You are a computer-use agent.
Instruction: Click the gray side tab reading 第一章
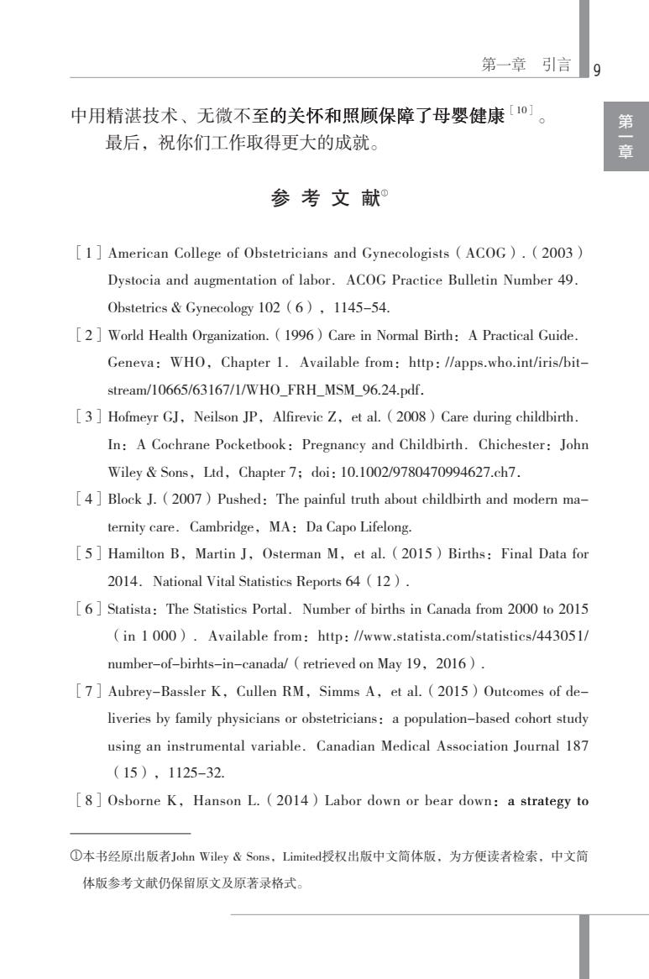coord(625,137)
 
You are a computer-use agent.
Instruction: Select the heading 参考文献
coord(324,199)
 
